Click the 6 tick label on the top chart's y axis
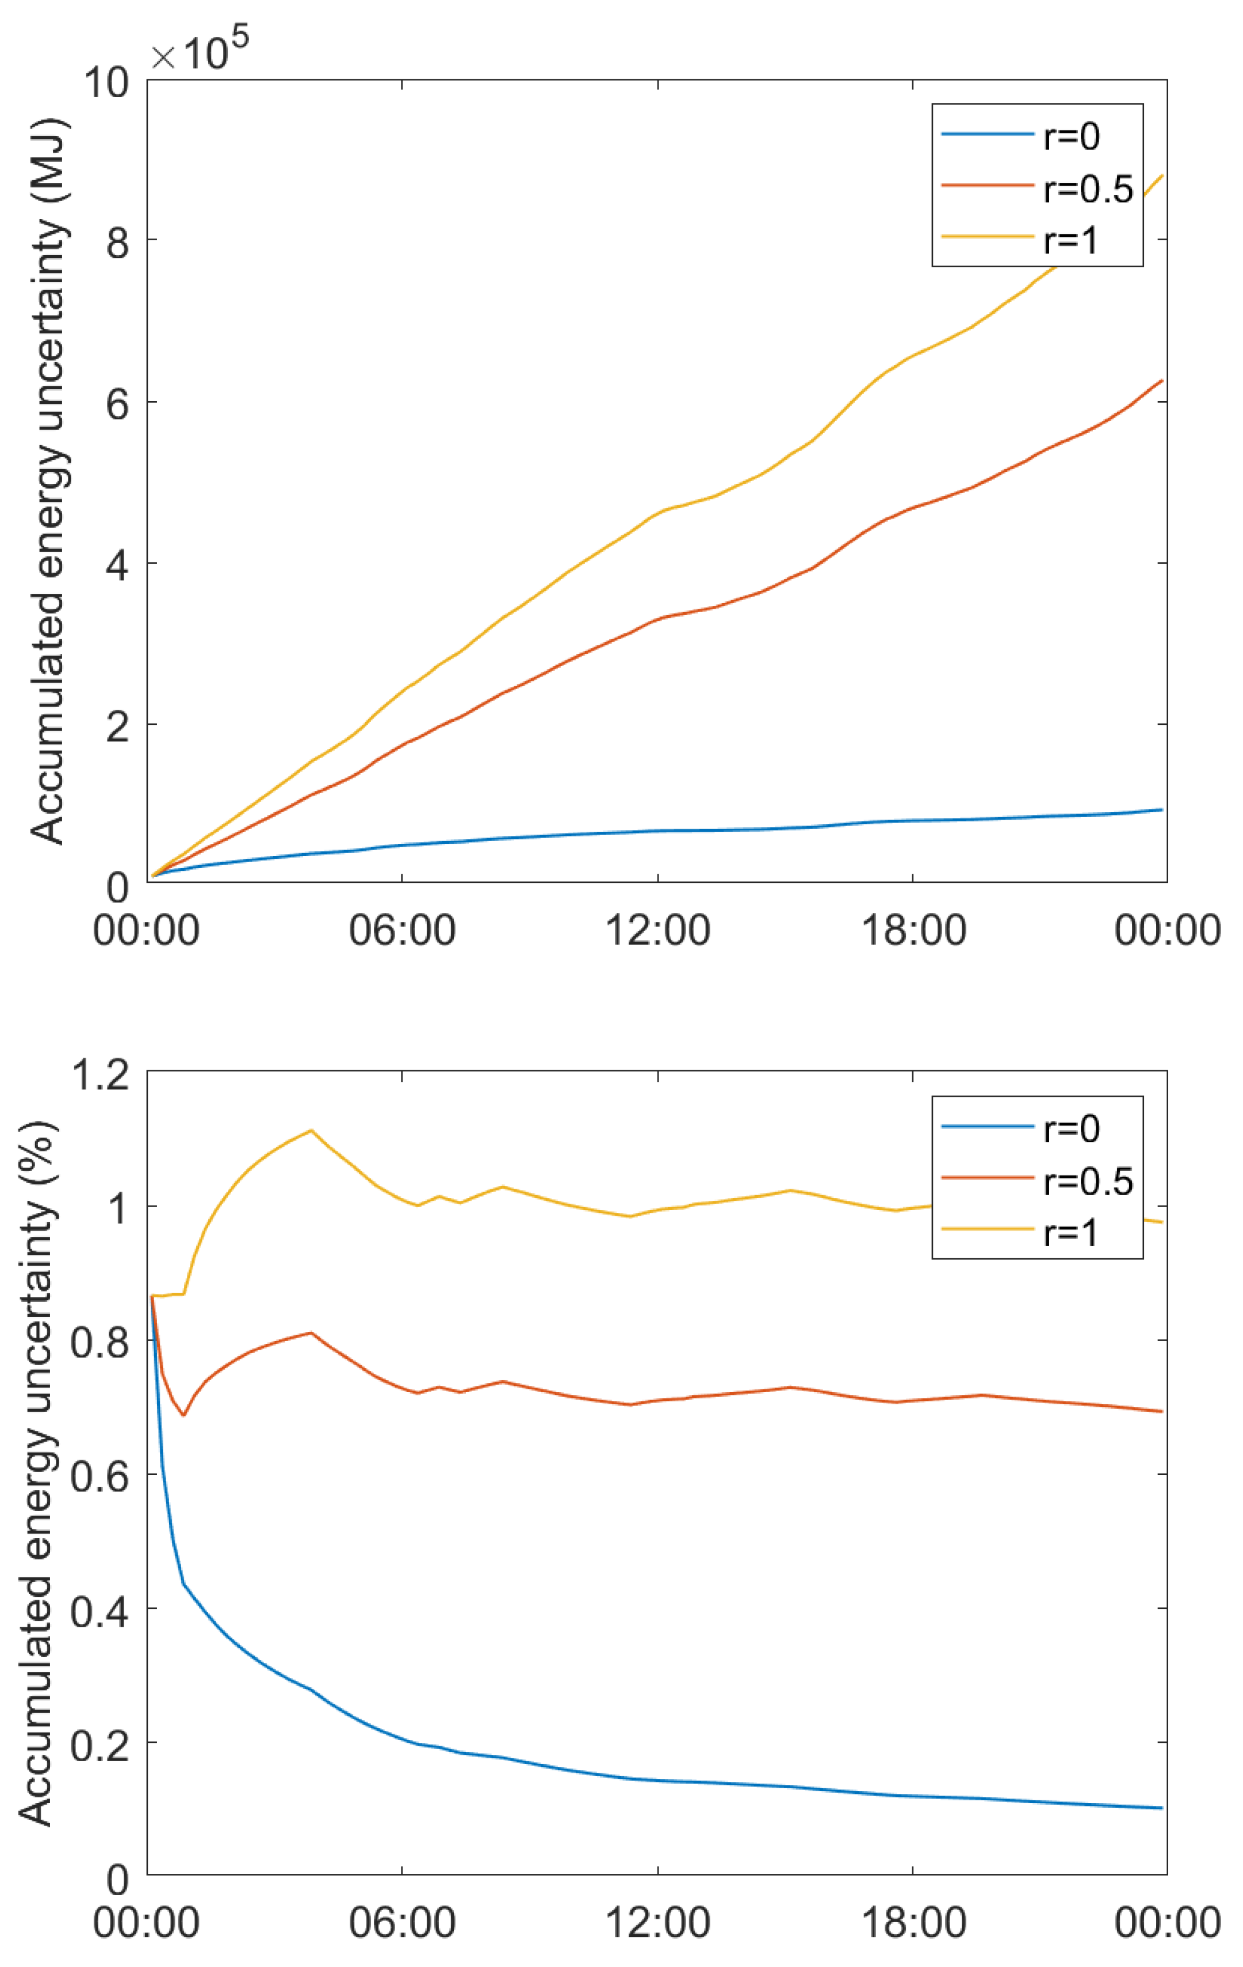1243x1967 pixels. pyautogui.click(x=118, y=404)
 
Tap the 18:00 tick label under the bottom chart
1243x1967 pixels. pyautogui.click(x=913, y=1923)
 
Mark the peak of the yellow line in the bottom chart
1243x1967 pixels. pyautogui.click(x=311, y=1131)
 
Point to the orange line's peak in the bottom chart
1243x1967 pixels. pyautogui.click(x=311, y=1332)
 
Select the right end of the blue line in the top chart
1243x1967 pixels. pyautogui.click(x=1161, y=809)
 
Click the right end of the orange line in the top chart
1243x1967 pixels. pyautogui.click(x=1161, y=381)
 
